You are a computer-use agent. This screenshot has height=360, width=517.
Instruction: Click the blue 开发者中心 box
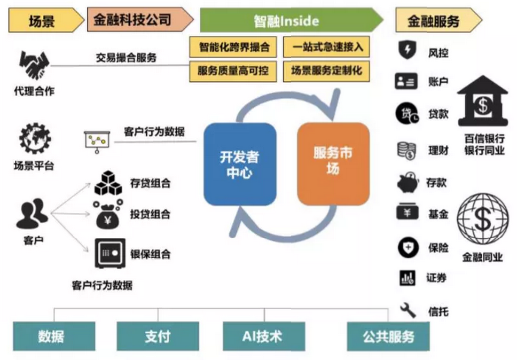click(x=240, y=165)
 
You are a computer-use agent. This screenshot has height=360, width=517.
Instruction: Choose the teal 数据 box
click(x=51, y=336)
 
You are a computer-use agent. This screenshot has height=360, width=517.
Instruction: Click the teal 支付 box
click(x=158, y=336)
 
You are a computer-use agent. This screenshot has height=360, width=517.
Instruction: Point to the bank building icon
click(x=482, y=103)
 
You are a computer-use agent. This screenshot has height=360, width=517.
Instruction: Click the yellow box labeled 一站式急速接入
click(x=326, y=46)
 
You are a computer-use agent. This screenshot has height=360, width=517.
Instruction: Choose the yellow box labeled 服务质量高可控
click(x=233, y=71)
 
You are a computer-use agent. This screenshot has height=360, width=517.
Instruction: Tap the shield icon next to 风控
click(x=408, y=51)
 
